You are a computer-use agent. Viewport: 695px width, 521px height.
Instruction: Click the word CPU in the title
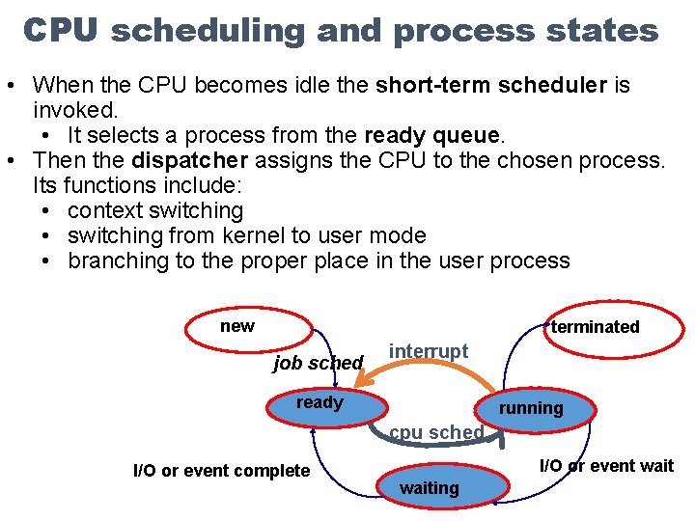click(61, 30)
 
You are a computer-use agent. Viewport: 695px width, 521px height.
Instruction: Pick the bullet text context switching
click(155, 210)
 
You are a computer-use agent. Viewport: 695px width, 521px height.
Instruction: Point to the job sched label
click(318, 363)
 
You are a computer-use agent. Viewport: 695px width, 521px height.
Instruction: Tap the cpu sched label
click(436, 432)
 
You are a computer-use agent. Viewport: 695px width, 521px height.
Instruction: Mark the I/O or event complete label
click(221, 471)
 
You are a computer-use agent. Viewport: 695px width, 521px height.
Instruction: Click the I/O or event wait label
click(605, 466)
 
